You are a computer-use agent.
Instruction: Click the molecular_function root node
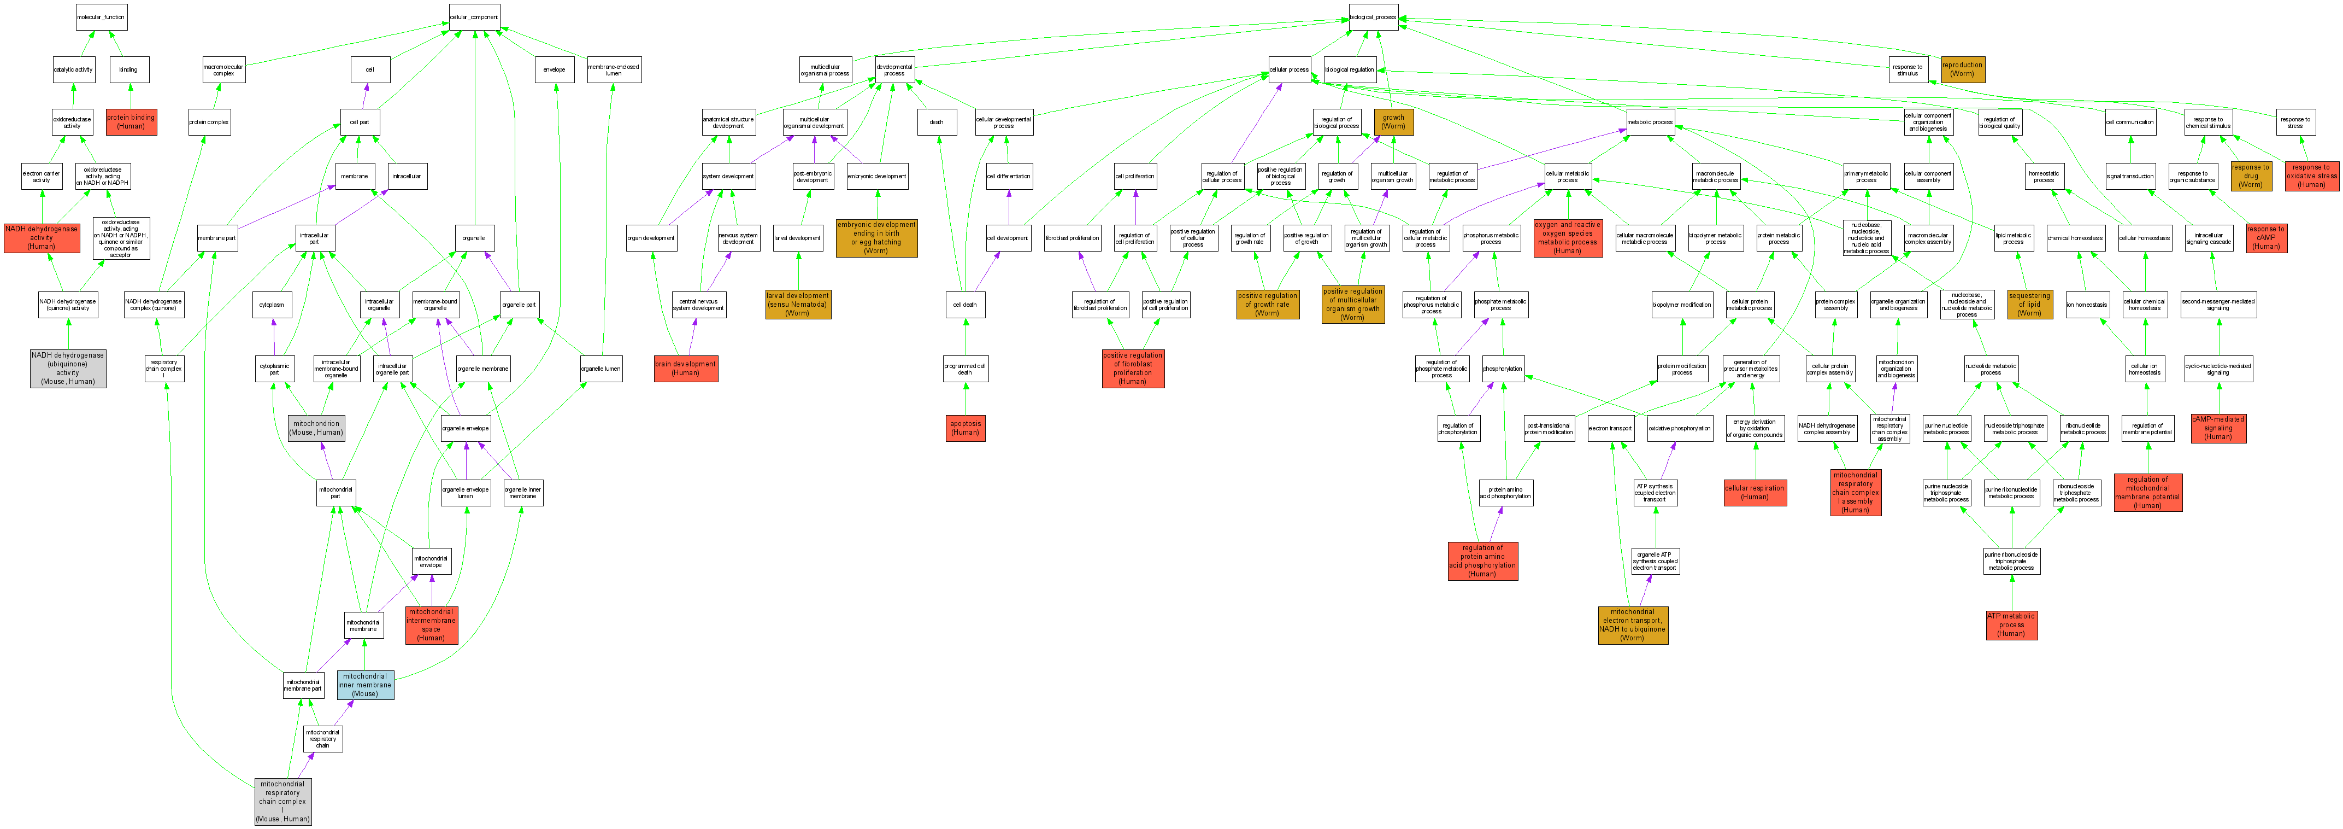click(101, 17)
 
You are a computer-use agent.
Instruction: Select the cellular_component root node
click(474, 17)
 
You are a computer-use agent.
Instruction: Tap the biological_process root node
click(1373, 17)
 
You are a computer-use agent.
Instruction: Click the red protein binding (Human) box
click(131, 122)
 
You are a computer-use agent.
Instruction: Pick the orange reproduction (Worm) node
click(1962, 69)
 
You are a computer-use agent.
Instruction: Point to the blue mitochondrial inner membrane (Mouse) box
click(365, 684)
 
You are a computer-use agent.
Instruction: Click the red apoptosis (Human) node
click(965, 428)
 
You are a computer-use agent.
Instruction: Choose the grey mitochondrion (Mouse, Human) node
click(316, 428)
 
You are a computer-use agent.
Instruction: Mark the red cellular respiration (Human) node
click(1755, 492)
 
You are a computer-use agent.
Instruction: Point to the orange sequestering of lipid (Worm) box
click(2029, 304)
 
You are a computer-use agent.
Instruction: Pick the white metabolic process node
click(1649, 122)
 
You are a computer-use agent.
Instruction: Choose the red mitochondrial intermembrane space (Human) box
click(431, 624)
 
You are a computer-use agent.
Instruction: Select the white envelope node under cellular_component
click(554, 69)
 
